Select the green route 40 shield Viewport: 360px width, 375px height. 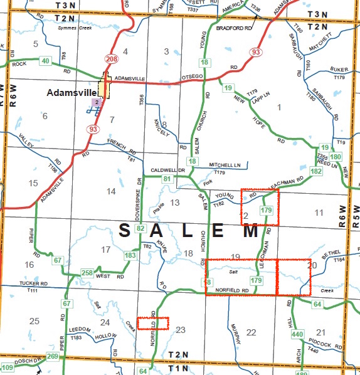pos(45,61)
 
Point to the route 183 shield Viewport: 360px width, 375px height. pos(130,255)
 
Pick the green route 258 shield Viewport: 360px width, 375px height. pos(87,273)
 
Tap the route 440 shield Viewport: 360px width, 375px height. pos(297,335)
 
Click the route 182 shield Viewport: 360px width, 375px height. pos(315,171)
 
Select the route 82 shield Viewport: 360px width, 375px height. pos(140,228)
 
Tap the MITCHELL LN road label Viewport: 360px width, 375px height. pos(225,165)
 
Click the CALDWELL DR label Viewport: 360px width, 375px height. pos(169,171)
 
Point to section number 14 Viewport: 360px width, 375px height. pos(112,191)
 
